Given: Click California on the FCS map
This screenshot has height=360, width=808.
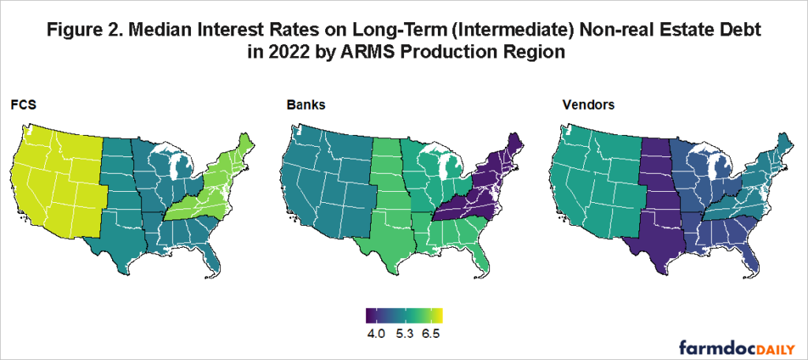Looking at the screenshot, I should (32, 197).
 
